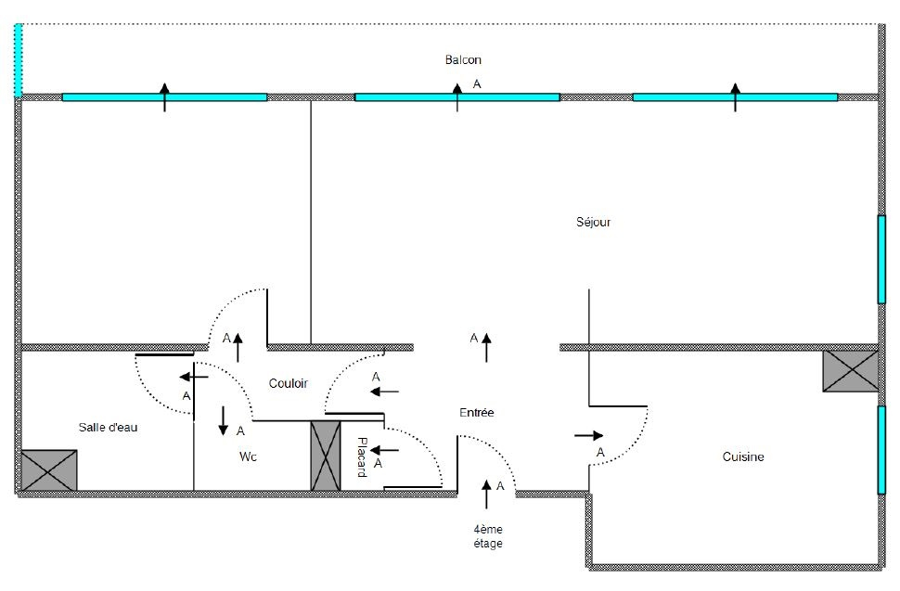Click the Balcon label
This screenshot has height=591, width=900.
(463, 60)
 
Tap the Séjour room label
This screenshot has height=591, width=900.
(594, 223)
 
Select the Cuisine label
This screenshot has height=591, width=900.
(743, 456)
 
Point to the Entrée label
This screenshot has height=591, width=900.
(477, 413)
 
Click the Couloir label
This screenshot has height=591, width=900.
(288, 383)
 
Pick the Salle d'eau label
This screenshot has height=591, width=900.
(107, 427)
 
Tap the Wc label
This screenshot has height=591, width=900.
(248, 456)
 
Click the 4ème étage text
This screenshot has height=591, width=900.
(487, 536)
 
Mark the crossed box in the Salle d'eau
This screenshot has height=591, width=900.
(49, 469)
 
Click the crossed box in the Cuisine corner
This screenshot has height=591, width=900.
(850, 371)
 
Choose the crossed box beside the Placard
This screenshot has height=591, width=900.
(326, 455)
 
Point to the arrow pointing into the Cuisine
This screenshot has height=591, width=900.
(589, 434)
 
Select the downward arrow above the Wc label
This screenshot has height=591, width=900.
(224, 420)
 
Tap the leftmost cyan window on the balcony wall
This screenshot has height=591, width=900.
(164, 96)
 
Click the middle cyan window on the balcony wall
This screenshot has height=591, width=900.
(456, 96)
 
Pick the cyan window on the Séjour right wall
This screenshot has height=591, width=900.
(881, 260)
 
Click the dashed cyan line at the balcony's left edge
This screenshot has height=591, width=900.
(18, 59)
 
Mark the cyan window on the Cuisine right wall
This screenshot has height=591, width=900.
(881, 450)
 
